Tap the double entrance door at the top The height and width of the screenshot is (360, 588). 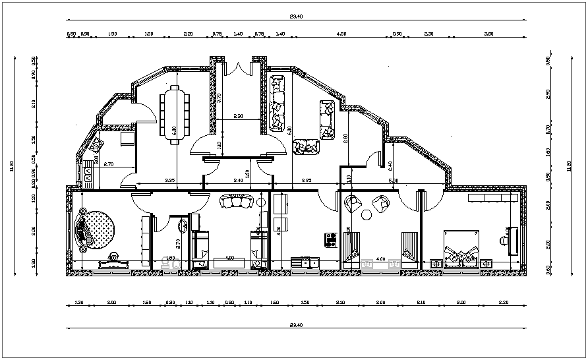pos(239,68)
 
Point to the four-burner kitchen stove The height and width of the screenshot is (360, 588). pos(331,239)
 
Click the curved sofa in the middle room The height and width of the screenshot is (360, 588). pos(236,201)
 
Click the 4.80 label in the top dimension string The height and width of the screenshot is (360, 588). pos(341,33)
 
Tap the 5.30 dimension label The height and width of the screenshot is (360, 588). pos(394,180)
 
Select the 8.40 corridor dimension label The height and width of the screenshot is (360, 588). pos(239,180)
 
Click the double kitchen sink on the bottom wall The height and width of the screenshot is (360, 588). pos(305,263)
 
